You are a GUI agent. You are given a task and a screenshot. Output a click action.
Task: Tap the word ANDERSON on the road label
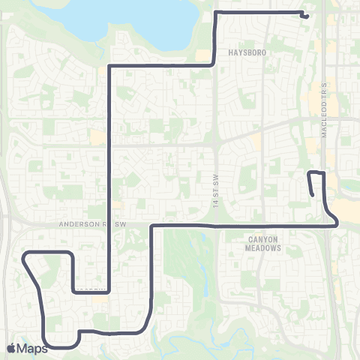coord(79,223)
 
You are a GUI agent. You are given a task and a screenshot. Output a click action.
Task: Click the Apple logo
coord(12,348)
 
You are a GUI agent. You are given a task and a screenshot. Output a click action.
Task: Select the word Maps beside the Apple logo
coord(32,348)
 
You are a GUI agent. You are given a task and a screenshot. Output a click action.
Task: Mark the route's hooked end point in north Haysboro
coord(306,16)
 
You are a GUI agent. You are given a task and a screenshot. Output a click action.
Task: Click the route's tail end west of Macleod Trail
coord(313,195)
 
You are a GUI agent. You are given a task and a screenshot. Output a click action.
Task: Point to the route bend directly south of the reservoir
coord(111,66)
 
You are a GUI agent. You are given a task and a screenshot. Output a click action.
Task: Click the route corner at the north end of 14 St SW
coord(217,13)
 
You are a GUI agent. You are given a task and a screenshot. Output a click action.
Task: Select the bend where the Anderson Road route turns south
coord(152,225)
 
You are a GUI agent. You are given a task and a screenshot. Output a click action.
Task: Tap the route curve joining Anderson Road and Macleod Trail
coord(335,221)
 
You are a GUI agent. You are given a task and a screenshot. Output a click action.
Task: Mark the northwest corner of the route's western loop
coord(28,255)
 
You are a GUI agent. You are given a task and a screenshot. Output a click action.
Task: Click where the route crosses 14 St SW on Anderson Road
coord(216,224)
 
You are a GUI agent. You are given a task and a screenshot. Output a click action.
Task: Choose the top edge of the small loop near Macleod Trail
coord(316,173)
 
